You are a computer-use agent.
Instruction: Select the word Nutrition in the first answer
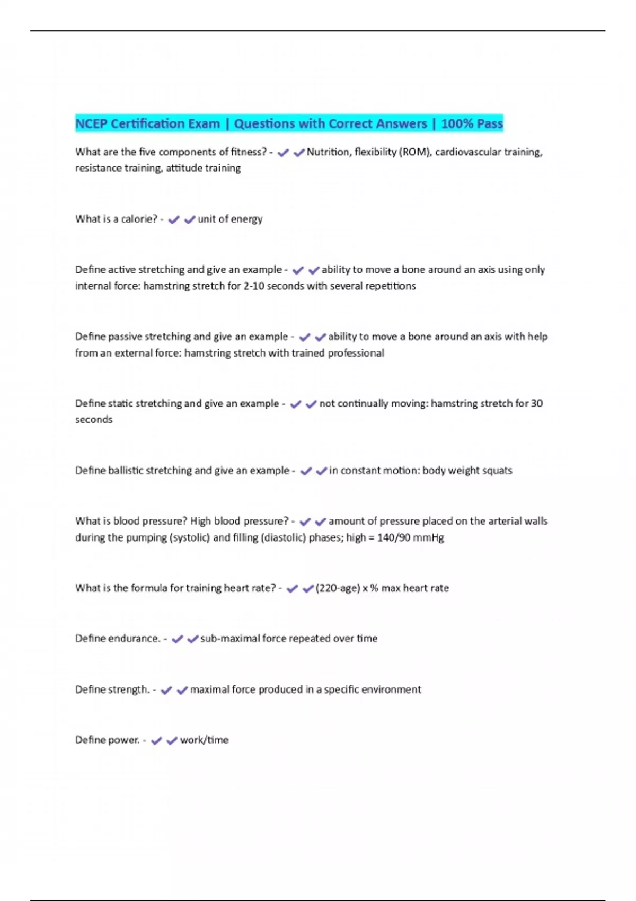[x=328, y=152]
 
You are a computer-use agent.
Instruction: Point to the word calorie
[x=139, y=219]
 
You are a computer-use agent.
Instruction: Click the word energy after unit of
[x=246, y=219]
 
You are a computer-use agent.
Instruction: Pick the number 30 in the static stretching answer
[x=536, y=403]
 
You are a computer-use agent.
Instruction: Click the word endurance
[x=134, y=639]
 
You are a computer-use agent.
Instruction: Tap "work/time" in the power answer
[x=204, y=740]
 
